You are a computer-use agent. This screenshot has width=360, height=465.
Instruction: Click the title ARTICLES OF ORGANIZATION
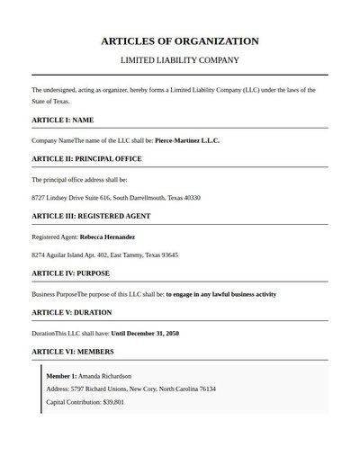(x=180, y=41)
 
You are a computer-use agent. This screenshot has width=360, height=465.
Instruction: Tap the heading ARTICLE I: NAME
(x=63, y=120)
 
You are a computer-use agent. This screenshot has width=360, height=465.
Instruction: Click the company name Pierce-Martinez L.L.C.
(x=187, y=140)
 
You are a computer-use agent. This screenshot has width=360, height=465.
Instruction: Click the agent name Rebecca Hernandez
(x=107, y=237)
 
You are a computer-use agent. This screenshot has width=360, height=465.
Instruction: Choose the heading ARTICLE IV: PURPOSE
(x=71, y=273)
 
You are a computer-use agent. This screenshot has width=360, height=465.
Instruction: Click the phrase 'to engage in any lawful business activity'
(x=220, y=294)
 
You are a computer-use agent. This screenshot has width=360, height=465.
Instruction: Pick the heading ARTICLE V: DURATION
(x=72, y=312)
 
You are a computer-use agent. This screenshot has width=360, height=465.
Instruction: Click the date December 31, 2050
(x=152, y=333)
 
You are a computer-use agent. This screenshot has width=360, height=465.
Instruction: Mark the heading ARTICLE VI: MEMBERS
(x=71, y=351)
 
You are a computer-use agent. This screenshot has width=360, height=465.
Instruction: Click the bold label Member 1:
(x=61, y=375)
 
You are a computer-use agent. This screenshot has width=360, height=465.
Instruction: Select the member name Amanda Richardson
(x=105, y=375)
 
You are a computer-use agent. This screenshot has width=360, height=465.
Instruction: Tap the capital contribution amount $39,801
(x=113, y=402)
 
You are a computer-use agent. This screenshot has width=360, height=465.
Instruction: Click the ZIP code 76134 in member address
(x=206, y=389)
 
